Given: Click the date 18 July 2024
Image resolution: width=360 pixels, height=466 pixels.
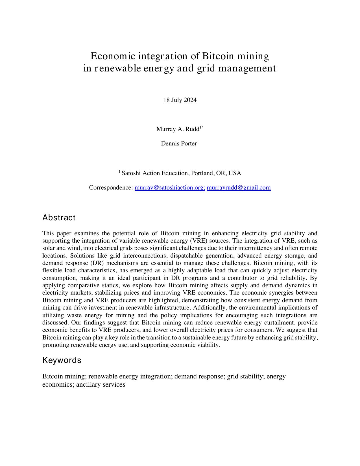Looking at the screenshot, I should coord(180,100).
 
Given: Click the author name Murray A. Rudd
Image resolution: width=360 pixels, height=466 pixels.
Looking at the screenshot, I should coord(178,129).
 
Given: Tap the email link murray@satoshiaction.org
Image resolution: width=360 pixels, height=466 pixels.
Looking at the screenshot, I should coord(170,188).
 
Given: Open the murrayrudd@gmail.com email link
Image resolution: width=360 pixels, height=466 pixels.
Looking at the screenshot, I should coord(239,188).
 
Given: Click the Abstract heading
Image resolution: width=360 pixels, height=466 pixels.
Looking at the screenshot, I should coord(59,217).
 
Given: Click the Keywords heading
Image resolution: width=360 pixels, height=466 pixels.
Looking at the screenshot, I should coord(62,360).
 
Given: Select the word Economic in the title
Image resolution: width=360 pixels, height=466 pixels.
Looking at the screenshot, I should coord(113,56).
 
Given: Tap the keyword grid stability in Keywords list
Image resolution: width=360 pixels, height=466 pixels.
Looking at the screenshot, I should coord(245,376).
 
